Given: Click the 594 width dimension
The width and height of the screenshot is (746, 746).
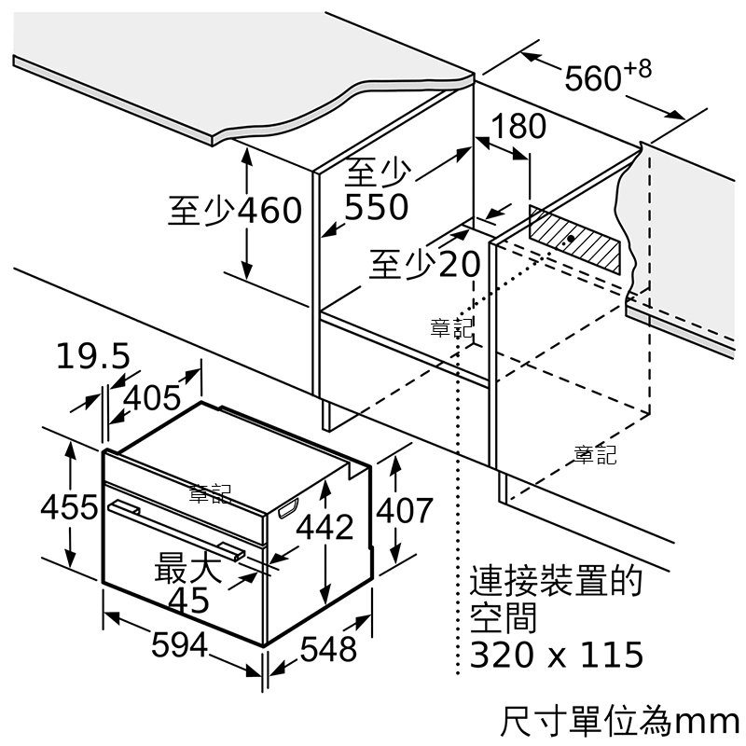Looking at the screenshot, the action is pos(179,644).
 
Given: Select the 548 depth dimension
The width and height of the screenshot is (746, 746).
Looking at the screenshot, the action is pos(328,648).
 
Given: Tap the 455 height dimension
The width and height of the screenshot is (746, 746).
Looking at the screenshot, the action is pos(69,506).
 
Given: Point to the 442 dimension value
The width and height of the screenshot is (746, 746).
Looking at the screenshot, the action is pos(325,526).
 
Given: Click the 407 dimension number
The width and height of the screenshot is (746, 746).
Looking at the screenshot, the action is pos(405,510).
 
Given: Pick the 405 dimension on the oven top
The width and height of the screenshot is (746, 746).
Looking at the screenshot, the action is pos(152,398).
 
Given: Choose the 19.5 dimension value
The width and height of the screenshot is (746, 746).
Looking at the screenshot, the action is pos(92,356).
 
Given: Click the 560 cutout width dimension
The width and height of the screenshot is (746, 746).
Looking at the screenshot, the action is pos(593,78).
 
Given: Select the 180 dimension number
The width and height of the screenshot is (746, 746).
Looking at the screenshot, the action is pos(518,126).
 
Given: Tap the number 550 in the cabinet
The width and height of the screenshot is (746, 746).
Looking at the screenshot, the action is pos(377,207).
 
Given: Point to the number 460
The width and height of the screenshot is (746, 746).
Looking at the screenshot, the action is pos(269,210).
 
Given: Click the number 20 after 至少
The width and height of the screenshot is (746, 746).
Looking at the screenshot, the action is pos(459,264).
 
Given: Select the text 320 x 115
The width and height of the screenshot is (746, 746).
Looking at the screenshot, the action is pos(557,655).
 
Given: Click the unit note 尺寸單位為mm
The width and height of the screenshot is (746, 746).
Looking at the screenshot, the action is pos(619,721).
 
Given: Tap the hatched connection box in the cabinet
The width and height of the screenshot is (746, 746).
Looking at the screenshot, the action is pos(574,240).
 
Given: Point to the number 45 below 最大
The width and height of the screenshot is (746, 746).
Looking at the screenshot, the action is pos(189,601).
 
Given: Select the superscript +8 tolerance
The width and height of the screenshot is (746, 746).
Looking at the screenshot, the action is pos(638,69).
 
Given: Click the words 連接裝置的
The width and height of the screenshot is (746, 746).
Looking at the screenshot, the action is pos(556,580).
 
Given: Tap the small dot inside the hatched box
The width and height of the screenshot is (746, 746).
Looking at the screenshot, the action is pos(571,238).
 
